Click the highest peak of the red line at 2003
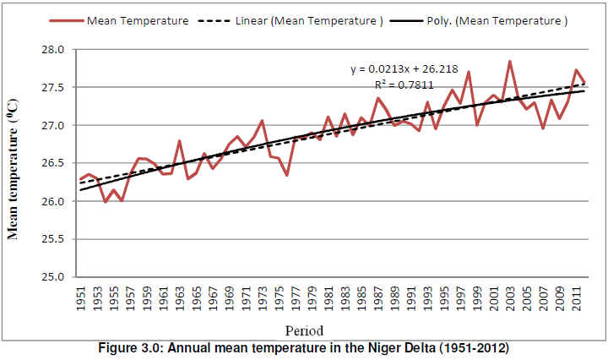click(x=510, y=62)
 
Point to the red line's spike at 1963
click(x=180, y=141)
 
